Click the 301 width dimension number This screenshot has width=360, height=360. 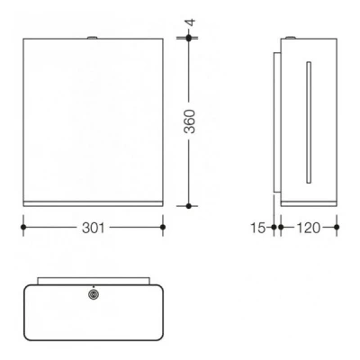(x=92, y=228)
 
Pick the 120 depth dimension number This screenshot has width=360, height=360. (x=307, y=228)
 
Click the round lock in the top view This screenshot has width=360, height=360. (x=94, y=293)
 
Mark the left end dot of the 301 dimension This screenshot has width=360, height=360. (x=22, y=228)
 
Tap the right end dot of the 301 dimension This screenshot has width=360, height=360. (x=162, y=228)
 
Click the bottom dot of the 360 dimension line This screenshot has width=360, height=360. (x=188, y=206)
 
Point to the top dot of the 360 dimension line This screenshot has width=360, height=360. (x=188, y=38)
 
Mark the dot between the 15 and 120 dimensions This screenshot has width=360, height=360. (x=281, y=228)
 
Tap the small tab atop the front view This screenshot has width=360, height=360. (x=92, y=37)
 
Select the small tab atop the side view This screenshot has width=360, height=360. (x=296, y=37)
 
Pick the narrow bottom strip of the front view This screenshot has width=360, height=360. (x=92, y=203)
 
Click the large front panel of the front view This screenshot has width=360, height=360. (x=92, y=117)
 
